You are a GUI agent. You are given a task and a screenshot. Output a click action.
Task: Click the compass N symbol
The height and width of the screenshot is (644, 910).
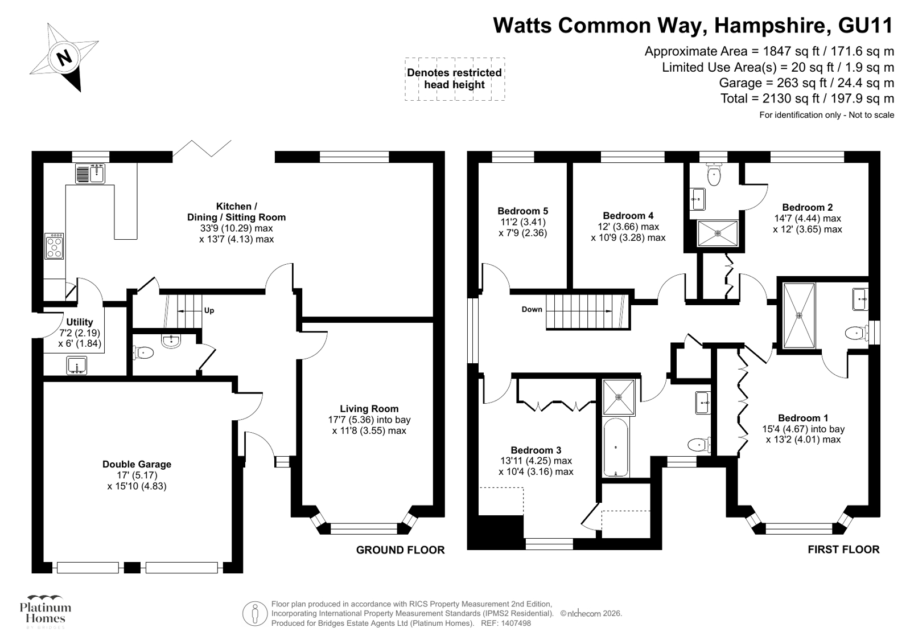click(x=64, y=57)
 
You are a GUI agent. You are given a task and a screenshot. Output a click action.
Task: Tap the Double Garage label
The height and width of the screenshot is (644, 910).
click(x=137, y=465)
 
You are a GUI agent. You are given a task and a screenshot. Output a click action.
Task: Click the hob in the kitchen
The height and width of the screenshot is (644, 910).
click(x=54, y=247)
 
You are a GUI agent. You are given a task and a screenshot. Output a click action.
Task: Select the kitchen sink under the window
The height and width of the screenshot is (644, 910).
click(x=90, y=174)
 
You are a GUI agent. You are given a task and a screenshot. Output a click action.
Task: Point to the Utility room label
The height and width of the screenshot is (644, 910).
click(x=79, y=322)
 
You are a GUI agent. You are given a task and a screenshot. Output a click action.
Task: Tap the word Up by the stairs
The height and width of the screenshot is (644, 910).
click(x=209, y=311)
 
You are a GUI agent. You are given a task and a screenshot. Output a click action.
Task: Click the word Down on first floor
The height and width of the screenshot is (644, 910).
click(x=532, y=310)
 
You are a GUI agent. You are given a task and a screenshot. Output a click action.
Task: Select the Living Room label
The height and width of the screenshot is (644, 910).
click(x=369, y=409)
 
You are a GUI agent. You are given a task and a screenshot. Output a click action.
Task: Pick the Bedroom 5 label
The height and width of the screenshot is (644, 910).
click(x=522, y=211)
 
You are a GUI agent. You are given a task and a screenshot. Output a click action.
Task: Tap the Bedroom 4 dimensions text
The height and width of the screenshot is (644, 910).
click(x=628, y=232)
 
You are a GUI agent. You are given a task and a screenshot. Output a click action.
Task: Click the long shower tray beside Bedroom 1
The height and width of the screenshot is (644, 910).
click(x=799, y=315)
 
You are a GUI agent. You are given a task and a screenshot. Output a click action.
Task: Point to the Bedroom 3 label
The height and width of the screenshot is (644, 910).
click(x=536, y=450)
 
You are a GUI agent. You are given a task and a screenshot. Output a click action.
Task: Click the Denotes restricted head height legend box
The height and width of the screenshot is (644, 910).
click(x=454, y=79)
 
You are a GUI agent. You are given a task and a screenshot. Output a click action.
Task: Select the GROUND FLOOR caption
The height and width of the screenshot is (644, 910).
click(x=400, y=550)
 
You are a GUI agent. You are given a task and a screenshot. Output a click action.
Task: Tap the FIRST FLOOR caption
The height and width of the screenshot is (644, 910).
click(x=843, y=549)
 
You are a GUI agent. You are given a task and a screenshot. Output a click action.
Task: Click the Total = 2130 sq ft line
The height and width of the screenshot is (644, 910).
click(x=806, y=99)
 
